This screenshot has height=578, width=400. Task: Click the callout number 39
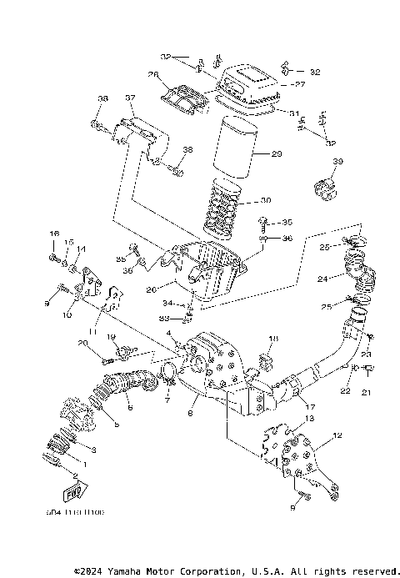click(337, 161)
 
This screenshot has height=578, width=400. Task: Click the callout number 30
click(266, 201)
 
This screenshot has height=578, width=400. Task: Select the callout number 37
click(130, 98)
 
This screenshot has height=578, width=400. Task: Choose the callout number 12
click(337, 435)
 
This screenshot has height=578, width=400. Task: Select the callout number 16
click(55, 233)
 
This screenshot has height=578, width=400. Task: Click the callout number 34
click(167, 303)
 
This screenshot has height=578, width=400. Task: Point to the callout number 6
click(130, 408)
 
